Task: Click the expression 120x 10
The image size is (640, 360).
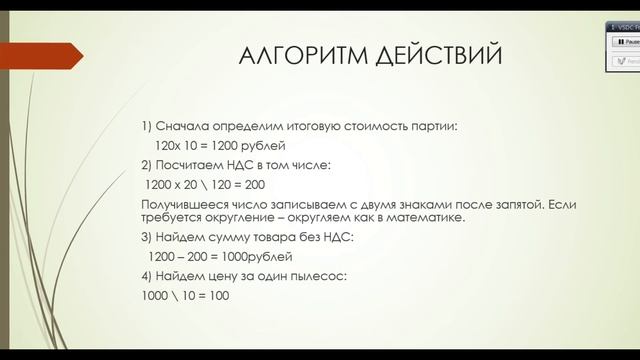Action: click(173, 145)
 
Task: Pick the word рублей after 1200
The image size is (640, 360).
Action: click(264, 145)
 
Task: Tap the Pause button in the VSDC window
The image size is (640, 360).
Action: click(624, 43)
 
